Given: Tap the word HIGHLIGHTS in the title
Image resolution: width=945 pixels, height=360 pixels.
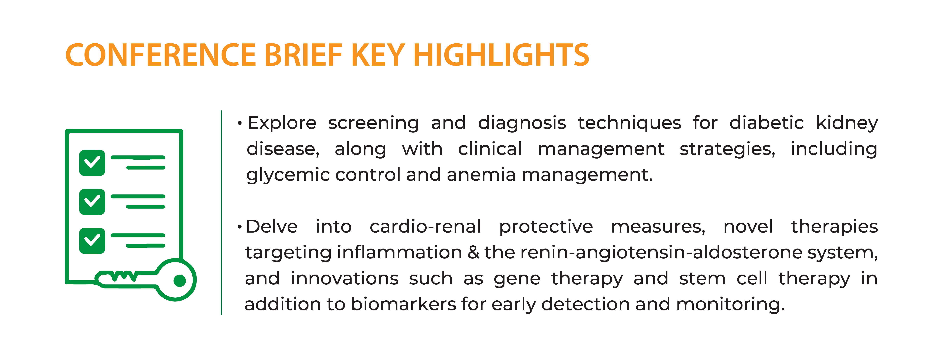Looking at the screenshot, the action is pyautogui.click(x=501, y=55).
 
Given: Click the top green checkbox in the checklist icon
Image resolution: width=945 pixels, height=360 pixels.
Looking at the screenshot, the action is pyautogui.click(x=92, y=163).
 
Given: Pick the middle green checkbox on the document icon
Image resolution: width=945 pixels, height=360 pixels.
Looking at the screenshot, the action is pyautogui.click(x=92, y=202).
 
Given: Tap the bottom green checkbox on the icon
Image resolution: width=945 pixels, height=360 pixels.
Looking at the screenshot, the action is pyautogui.click(x=92, y=241).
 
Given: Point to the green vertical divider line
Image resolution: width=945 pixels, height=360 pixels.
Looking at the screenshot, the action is pyautogui.click(x=221, y=213).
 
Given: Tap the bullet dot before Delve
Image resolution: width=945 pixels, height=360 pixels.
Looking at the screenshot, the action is pyautogui.click(x=240, y=227).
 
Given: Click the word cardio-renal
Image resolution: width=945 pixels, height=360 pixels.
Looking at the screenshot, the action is pyautogui.click(x=425, y=226).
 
